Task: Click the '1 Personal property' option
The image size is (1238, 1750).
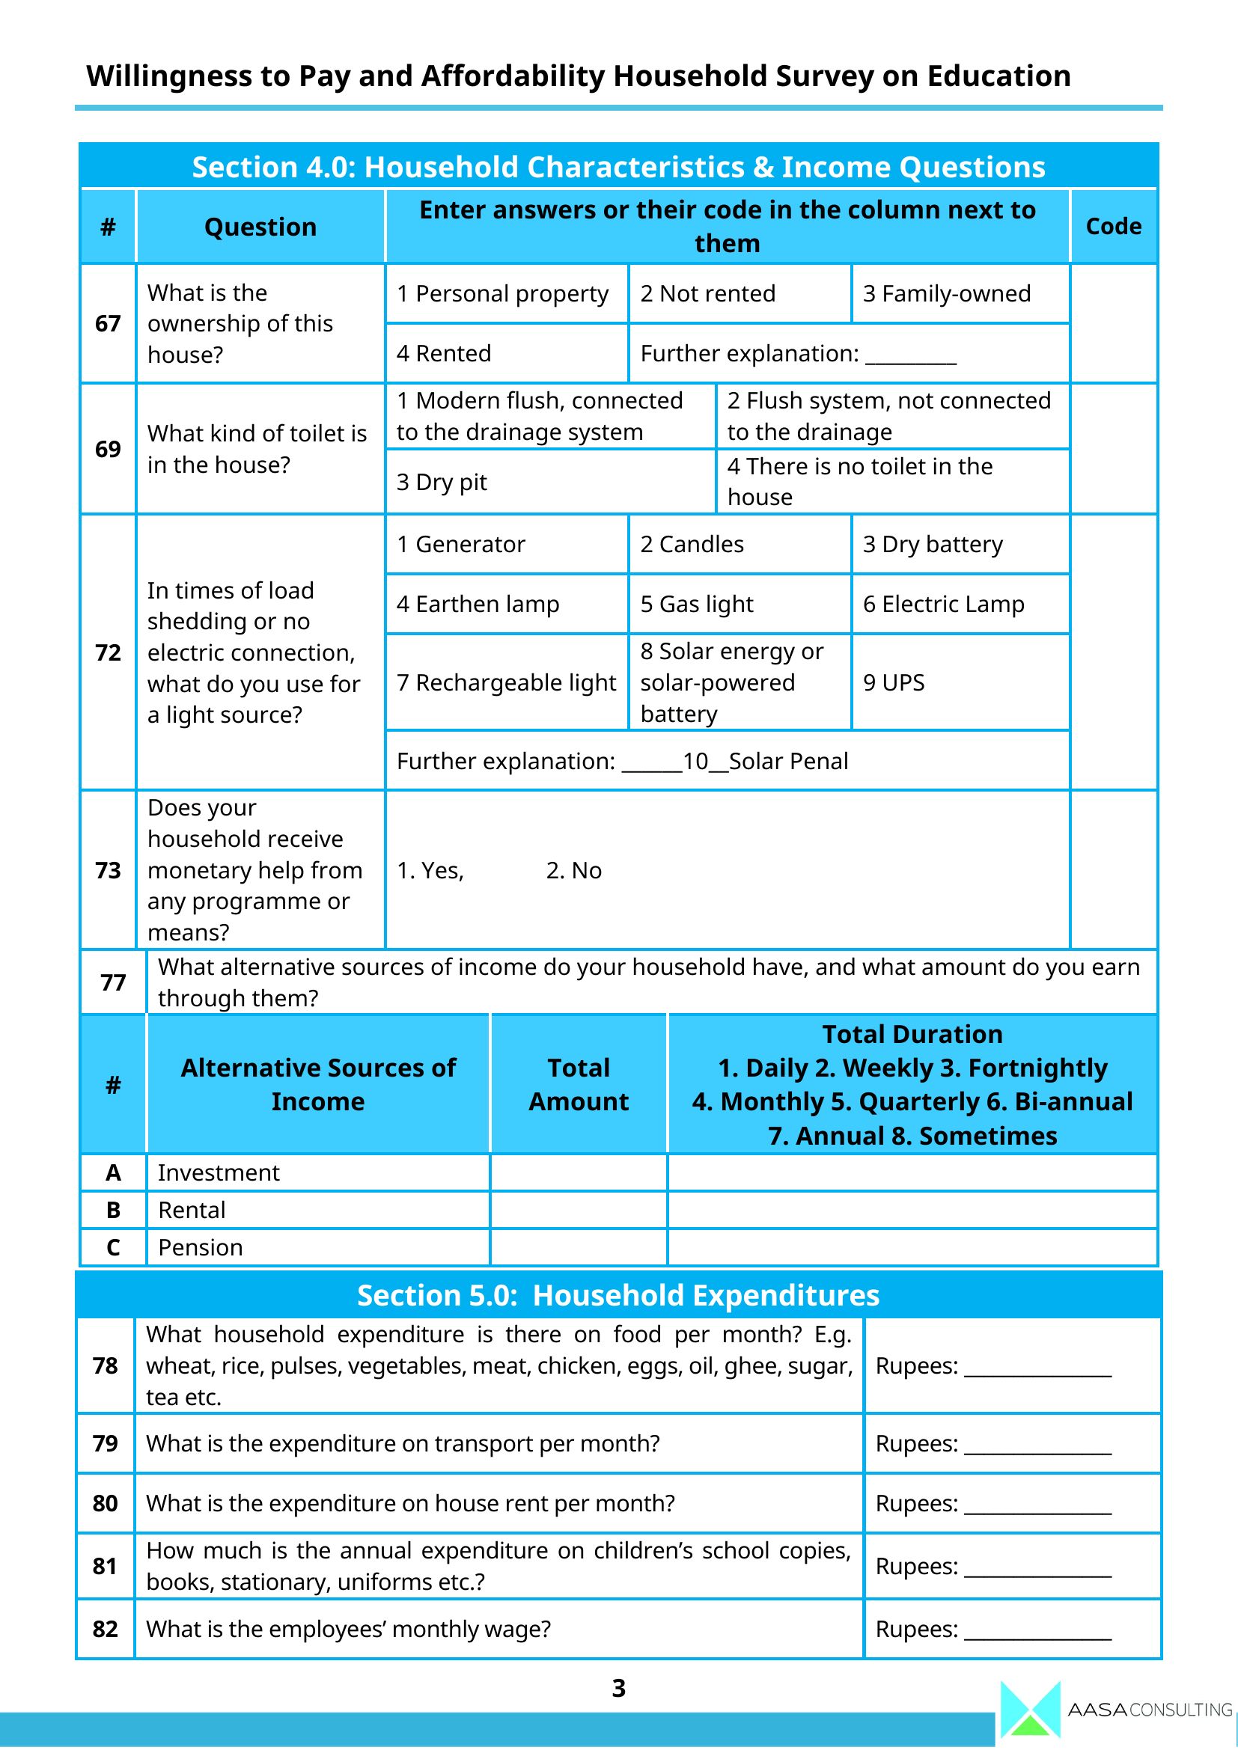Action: [502, 293]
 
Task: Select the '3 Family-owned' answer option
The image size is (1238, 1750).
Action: [946, 293]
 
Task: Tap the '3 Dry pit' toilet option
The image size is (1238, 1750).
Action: [442, 482]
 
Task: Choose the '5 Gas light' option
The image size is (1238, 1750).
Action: [696, 604]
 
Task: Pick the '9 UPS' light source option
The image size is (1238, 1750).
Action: [894, 682]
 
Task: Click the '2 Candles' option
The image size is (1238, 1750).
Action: [692, 544]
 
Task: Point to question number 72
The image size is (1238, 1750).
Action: [109, 652]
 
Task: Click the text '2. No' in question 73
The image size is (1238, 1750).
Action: [573, 870]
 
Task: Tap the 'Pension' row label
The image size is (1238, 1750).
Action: [201, 1247]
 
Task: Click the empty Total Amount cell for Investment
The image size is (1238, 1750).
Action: [579, 1172]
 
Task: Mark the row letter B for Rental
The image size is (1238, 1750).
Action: [113, 1210]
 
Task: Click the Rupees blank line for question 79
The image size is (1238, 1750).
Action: [1037, 1445]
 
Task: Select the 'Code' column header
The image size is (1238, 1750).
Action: [1113, 227]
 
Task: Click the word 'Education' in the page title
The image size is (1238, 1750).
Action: [998, 76]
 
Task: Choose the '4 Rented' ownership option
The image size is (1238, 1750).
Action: [444, 354]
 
